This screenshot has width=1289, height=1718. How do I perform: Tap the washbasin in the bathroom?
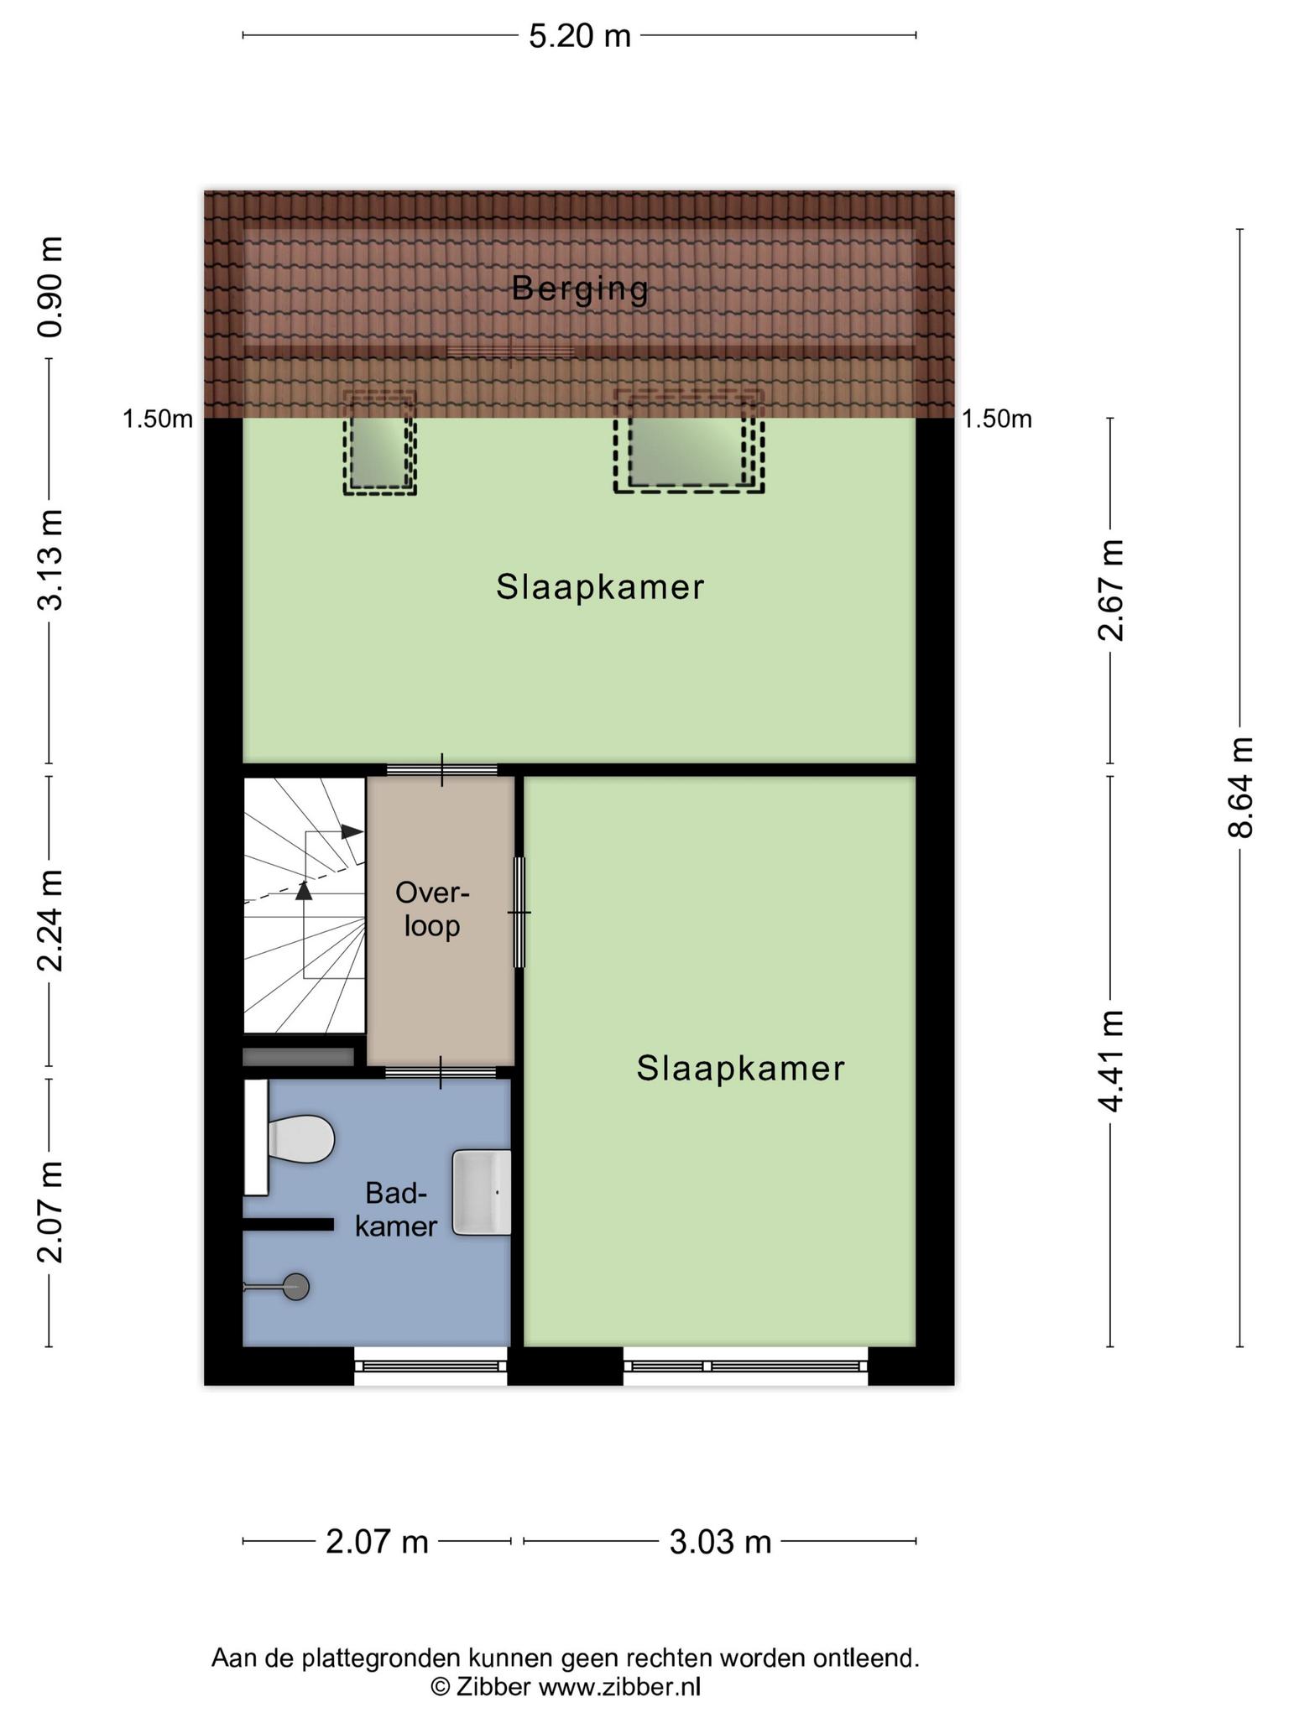click(482, 1192)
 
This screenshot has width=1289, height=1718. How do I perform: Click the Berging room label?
click(580, 289)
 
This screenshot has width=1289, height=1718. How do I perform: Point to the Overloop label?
click(433, 908)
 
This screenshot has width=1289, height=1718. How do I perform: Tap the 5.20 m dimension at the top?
click(580, 36)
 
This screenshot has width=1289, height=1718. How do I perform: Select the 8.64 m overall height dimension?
click(1240, 787)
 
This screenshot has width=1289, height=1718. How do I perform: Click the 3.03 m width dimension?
click(720, 1542)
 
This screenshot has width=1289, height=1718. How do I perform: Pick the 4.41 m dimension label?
click(1111, 1061)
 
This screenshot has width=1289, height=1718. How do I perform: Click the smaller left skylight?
click(379, 442)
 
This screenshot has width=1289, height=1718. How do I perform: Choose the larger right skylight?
click(689, 440)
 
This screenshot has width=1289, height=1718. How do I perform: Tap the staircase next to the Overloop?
click(304, 905)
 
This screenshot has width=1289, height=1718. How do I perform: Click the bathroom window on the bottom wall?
click(431, 1366)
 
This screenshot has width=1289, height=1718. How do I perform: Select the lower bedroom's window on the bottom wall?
click(745, 1366)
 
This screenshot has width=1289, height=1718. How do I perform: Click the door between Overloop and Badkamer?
click(441, 1072)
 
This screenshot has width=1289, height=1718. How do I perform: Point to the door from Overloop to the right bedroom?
click(519, 912)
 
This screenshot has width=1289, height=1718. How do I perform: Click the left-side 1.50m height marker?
click(158, 419)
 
